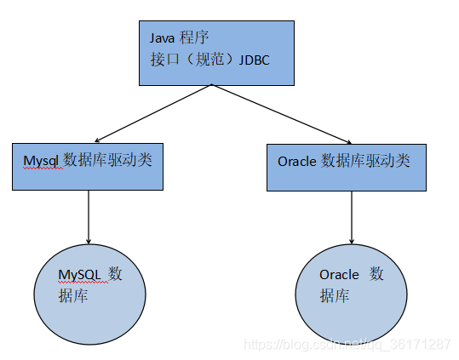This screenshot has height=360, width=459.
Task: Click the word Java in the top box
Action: [x=162, y=38]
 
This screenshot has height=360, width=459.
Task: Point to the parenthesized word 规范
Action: [x=204, y=60]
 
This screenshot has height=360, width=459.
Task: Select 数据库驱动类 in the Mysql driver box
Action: [x=108, y=160]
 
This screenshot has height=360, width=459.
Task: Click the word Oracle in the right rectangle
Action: [x=297, y=161]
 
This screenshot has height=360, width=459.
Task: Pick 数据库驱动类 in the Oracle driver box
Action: [x=365, y=161]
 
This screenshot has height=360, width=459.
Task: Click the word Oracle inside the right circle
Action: [x=339, y=275]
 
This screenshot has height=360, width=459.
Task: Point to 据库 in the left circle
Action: [x=73, y=296]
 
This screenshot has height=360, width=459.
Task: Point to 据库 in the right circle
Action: [x=335, y=296]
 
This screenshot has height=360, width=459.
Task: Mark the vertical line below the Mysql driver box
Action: [x=89, y=213]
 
